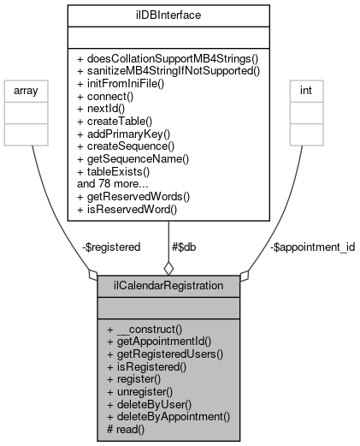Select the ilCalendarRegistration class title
168,284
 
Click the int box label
305,89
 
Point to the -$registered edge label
110,247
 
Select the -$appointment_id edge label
305,247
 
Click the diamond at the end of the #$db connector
168,267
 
